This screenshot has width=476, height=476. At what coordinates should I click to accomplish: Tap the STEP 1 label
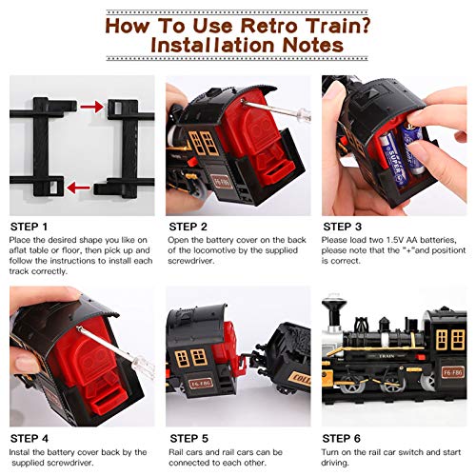[x=31, y=227]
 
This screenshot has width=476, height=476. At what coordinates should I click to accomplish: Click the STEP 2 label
[x=188, y=227]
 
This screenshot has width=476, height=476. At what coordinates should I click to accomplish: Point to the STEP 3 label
[x=345, y=227]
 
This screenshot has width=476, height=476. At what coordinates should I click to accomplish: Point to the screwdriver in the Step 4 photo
[x=95, y=328]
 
